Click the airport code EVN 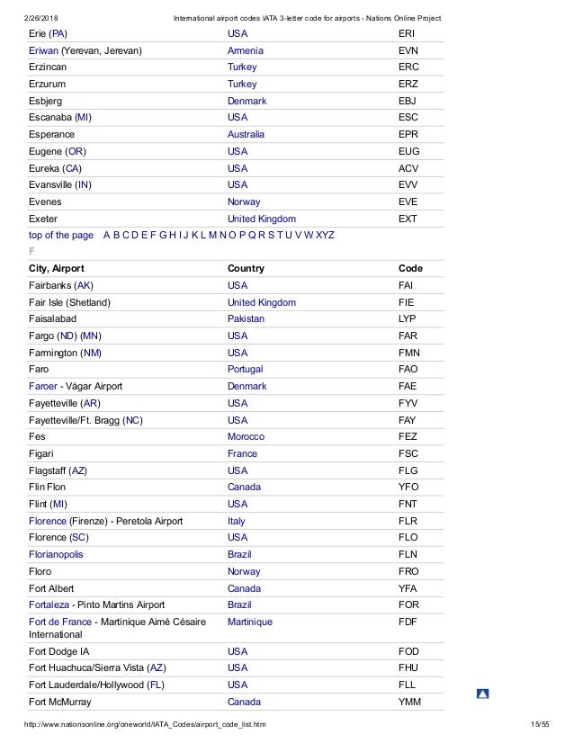point(408,50)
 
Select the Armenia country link point(246,50)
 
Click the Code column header point(410,268)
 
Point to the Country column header point(246,268)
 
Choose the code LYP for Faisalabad point(407,318)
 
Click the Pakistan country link point(247,318)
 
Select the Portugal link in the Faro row point(247,369)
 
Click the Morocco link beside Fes point(247,436)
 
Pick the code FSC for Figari point(408,453)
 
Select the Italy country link point(237,521)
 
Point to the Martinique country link point(250,622)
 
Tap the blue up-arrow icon point(483,694)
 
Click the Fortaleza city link point(49,604)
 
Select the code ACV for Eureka point(408,168)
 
